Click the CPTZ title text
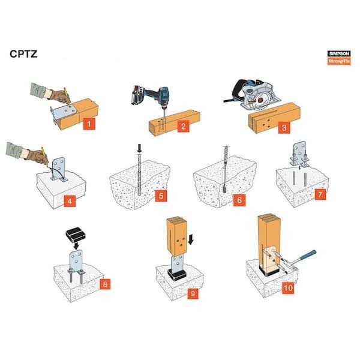[23, 54]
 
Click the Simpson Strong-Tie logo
[339, 58]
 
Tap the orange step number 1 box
[89, 124]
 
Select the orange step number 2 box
[183, 126]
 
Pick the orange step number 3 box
[284, 128]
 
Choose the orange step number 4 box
[70, 201]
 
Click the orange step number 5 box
[161, 196]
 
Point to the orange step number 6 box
[239, 200]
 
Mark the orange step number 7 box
[320, 194]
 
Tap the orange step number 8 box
[105, 284]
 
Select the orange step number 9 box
[193, 293]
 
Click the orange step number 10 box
[288, 288]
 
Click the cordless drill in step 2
[152, 97]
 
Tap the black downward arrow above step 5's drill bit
[139, 149]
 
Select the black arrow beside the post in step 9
[191, 239]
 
